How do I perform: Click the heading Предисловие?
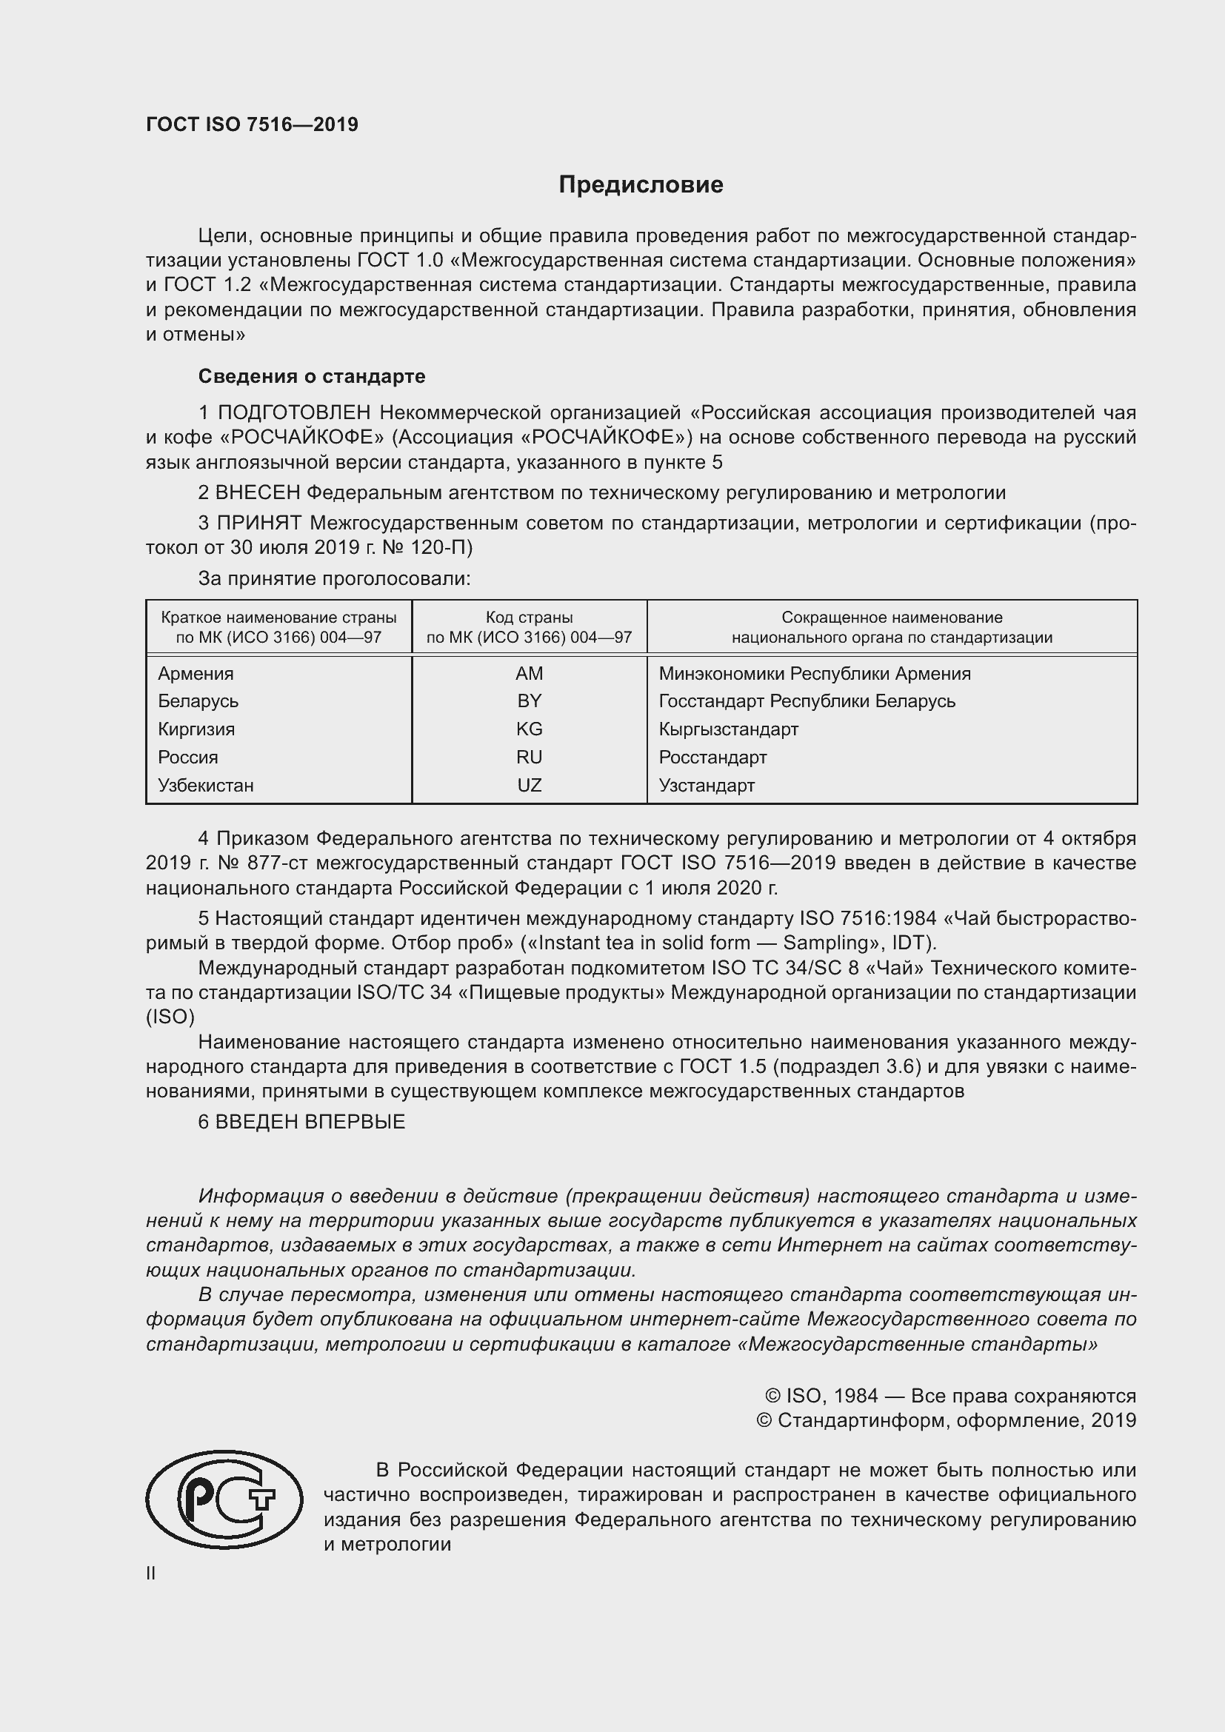coord(641,185)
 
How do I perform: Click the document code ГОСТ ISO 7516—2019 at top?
coord(252,124)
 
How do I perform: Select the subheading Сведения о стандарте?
coord(312,375)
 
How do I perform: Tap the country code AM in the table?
coord(529,673)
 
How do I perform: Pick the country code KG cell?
coord(529,729)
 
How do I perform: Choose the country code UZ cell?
coord(529,785)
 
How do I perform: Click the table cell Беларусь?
coord(198,701)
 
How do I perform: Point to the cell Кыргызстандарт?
coord(728,729)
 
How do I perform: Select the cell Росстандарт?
coord(712,757)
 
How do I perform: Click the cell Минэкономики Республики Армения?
coord(814,673)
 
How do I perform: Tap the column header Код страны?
coord(529,617)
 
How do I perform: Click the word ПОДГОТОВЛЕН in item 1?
coord(294,412)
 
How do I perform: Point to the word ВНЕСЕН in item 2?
coord(257,492)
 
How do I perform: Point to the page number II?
coord(151,1573)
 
